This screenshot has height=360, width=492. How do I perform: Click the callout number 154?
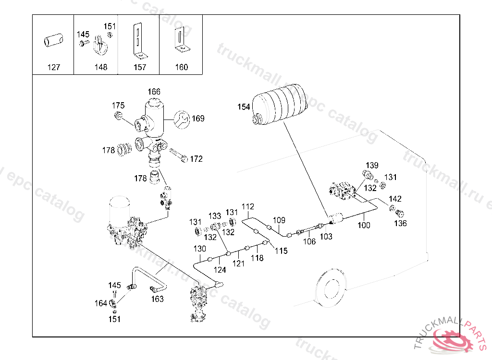click(244, 107)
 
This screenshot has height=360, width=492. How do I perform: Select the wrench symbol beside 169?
click(182, 120)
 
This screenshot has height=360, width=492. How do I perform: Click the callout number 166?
click(154, 92)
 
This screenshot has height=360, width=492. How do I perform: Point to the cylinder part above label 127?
click(53, 40)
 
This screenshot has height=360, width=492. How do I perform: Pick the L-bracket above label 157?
click(139, 41)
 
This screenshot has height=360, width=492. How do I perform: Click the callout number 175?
click(118, 106)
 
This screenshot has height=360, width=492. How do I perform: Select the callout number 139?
click(372, 165)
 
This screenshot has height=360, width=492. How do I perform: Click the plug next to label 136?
click(399, 213)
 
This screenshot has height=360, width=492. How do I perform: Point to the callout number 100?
click(364, 225)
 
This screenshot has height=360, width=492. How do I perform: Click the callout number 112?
click(247, 207)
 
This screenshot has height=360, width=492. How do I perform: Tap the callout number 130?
click(199, 249)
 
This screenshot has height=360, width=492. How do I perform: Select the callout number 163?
click(157, 299)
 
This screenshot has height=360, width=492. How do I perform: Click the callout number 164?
click(101, 303)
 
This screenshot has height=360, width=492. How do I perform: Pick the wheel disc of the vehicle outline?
click(330, 287)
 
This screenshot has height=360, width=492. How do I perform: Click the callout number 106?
click(309, 241)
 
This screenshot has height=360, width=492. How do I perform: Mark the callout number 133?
click(215, 216)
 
